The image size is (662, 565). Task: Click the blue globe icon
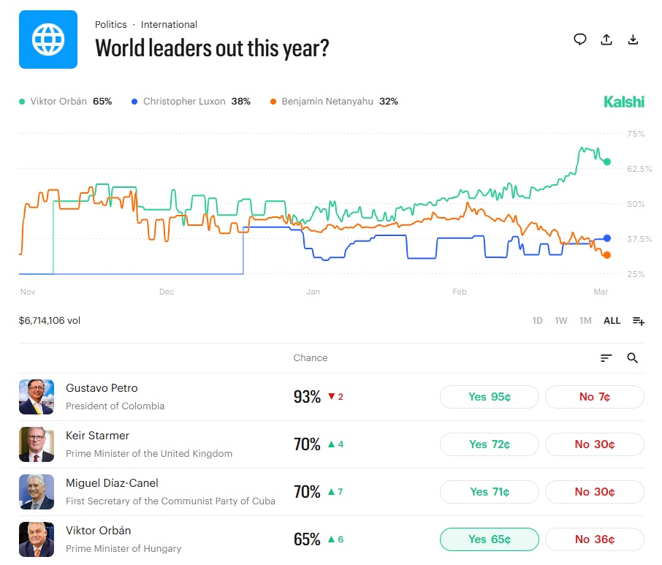coord(48,39)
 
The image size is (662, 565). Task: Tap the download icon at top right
coord(634,39)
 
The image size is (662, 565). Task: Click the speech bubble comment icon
coord(580,39)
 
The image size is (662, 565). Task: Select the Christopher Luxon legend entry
coord(191,102)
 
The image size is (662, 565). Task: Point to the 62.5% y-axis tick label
coord(636,169)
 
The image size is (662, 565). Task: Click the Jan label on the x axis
coord(313,292)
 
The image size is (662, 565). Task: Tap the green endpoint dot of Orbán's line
coord(607,162)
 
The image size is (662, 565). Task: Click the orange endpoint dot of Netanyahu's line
coord(607,254)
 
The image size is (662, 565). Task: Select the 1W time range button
coord(561,321)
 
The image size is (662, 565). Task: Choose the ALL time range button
coord(612,321)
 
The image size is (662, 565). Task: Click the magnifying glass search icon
coord(633,358)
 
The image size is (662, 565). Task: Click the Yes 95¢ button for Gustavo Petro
coord(489,397)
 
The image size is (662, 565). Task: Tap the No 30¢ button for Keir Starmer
coord(595,444)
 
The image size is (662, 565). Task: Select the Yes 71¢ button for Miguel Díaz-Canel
coord(489,492)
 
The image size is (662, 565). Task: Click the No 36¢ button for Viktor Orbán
coord(595,539)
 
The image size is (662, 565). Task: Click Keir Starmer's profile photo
coord(37,444)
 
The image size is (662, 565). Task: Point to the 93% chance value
coord(307,397)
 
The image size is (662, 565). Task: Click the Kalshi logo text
coord(624,102)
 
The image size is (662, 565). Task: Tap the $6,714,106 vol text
coord(50,321)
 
